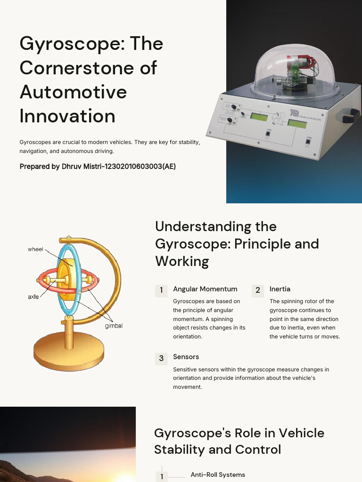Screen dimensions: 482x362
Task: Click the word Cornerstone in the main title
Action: (x=88, y=68)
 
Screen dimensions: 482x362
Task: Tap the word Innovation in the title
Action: (x=67, y=116)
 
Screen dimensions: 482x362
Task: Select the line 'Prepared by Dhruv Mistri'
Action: (x=98, y=166)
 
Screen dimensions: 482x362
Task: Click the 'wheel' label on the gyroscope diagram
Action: (x=35, y=249)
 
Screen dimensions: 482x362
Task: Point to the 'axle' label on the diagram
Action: (x=33, y=297)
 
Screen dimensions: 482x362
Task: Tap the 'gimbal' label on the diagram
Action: (x=114, y=326)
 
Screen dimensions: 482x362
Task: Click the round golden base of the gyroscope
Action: (x=68, y=350)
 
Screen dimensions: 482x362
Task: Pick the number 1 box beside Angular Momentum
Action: (x=161, y=290)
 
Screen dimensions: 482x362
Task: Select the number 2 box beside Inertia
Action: (x=258, y=290)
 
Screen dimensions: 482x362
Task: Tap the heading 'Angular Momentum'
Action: (x=205, y=289)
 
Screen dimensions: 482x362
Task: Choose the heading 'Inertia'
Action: (x=280, y=289)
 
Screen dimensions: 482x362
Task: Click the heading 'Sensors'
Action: (x=186, y=357)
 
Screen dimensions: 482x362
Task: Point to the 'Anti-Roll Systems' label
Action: (x=218, y=474)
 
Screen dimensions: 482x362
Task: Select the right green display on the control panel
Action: (x=296, y=123)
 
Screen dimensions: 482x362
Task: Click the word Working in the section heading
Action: (x=182, y=261)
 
